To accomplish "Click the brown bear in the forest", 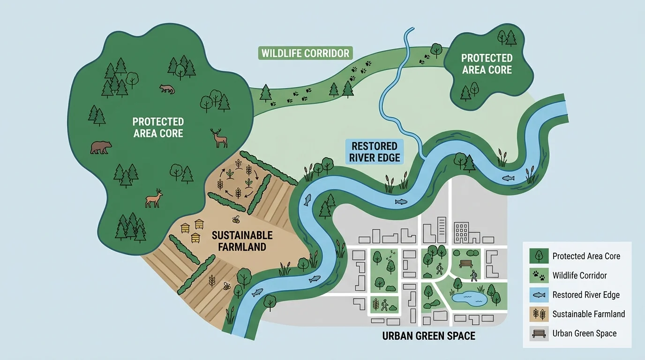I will [101, 148].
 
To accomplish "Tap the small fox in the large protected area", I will [166, 89].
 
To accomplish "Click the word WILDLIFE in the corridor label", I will [282, 53].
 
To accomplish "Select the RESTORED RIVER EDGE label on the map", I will [375, 151].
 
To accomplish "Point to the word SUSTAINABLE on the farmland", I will [242, 235].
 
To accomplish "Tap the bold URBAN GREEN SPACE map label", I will [428, 336].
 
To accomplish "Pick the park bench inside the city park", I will [466, 263].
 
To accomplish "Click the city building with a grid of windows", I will [462, 232].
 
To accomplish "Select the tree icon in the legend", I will [539, 256].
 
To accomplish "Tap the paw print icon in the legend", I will [539, 276].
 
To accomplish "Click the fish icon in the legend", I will [539, 295].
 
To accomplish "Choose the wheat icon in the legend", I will [539, 314].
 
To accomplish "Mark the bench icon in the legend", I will [539, 334].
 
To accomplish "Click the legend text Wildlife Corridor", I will [579, 276].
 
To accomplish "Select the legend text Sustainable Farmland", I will [588, 314].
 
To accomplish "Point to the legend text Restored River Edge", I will [586, 295].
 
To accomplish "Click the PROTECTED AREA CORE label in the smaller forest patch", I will [487, 64].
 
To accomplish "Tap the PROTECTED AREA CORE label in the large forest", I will [158, 127].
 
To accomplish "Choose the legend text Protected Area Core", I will [586, 256].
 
